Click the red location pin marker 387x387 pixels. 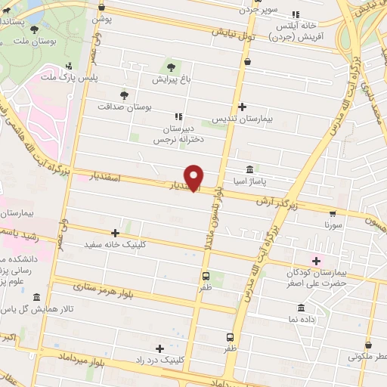[194, 177]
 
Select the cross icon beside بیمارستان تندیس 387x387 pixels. [242, 107]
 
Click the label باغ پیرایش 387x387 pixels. [169, 78]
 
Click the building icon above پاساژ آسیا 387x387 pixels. [249, 169]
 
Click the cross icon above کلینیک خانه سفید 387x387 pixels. [115, 233]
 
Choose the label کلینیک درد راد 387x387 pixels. [159, 361]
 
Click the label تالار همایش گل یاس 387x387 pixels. [36, 310]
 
